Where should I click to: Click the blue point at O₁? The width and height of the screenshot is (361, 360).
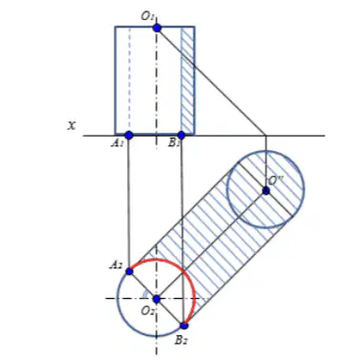click(157, 28)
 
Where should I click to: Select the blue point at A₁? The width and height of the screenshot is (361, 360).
click(129, 136)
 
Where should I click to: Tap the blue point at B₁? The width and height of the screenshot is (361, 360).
click(181, 136)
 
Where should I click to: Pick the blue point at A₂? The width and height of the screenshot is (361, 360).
click(129, 271)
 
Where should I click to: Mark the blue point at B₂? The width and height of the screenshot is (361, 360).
click(184, 326)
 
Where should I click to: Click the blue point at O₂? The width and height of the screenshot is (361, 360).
click(157, 299)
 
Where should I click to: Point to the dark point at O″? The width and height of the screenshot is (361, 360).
click(265, 191)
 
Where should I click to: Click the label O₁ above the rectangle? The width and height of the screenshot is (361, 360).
click(147, 16)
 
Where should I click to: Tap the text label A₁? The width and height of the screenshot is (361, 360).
click(117, 143)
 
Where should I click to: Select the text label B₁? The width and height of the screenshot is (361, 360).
click(174, 143)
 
